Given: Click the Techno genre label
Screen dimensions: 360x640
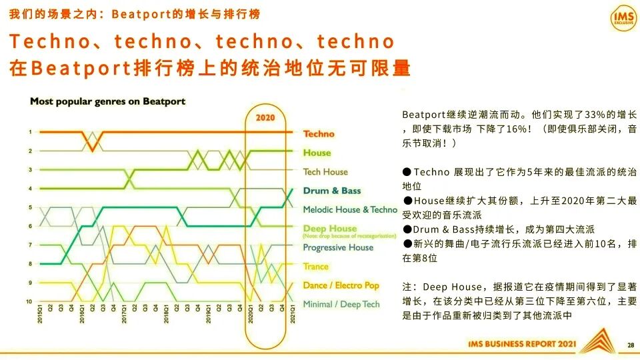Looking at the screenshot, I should pos(319,134).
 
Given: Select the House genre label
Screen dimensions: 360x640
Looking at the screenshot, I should pos(317,153).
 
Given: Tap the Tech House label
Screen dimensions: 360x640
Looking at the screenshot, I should pos(325,171).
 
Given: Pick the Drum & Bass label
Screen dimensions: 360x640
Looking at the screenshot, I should pos(331,191).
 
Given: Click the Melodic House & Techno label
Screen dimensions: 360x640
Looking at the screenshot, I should pos(349,209).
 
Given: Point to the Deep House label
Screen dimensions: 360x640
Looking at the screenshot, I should pos(329,228).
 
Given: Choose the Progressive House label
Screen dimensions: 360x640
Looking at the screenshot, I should pos(338,247).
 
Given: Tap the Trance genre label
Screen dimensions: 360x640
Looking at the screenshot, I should pos(315,266).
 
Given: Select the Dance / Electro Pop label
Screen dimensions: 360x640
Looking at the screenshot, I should pos(341,285).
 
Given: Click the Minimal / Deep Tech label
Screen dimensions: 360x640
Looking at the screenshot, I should pos(341,304).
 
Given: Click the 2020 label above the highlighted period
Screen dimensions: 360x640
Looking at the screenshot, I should pos(265,118).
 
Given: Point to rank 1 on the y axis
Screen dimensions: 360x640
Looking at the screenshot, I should pos(30,132).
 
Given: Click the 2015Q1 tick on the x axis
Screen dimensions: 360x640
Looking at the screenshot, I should pos(41,313).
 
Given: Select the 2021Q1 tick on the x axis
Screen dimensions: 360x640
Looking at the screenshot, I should pos(291,313).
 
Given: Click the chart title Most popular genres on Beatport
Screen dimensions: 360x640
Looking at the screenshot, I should pos(107,101).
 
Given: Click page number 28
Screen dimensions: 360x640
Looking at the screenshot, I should pos(631,345).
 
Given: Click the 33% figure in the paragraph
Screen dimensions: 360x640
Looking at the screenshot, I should pos(575,115).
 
